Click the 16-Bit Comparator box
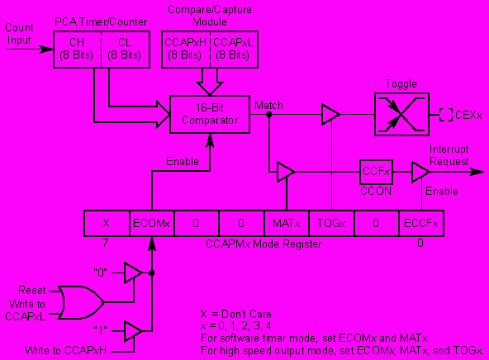coord(210,115)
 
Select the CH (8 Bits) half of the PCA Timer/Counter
coord(78,50)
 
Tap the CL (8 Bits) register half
coord(126,50)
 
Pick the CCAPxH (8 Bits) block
coord(186,50)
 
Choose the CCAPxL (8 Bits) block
coord(235,50)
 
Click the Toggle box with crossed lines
coord(401,115)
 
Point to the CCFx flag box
coord(376,172)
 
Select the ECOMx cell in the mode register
coord(152,223)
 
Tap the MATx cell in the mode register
coord(287,223)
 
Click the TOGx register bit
coord(331,223)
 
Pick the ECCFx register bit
coord(421,223)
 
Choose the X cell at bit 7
coord(107,223)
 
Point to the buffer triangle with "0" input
coord(133,272)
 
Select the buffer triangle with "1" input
coord(133,331)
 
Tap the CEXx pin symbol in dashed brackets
coord(446,115)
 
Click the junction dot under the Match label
coord(268,115)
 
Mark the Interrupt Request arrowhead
coord(477,172)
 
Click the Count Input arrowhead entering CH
coord(46,50)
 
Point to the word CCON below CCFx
coord(376,191)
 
